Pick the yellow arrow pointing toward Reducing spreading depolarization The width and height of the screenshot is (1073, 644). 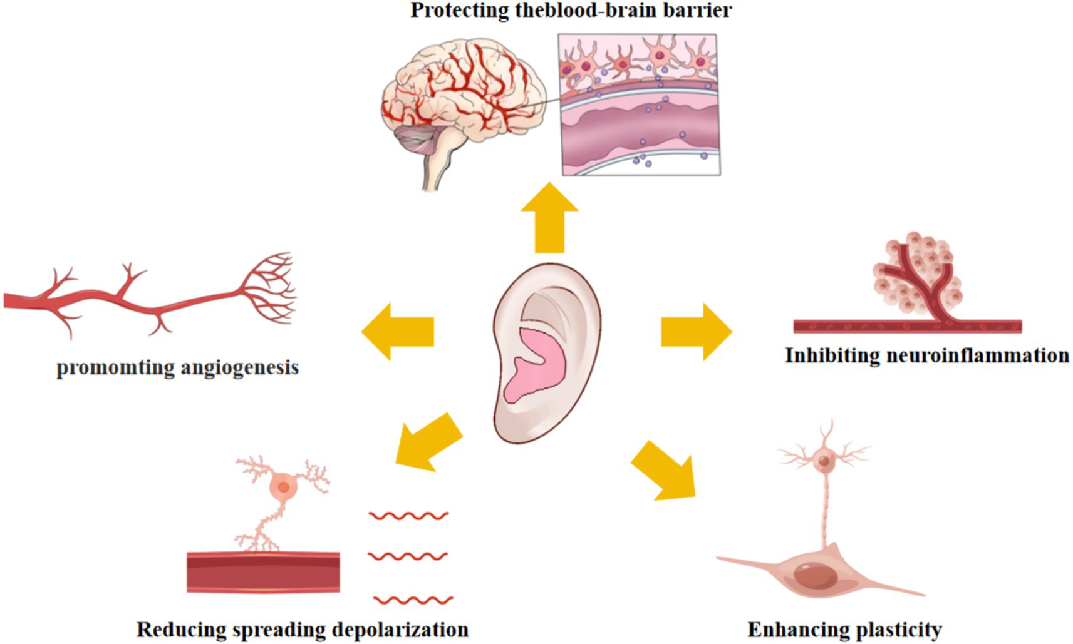[429, 441]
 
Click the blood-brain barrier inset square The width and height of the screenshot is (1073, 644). [640, 105]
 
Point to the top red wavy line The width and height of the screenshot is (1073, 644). [408, 516]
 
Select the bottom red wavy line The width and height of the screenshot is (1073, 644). [413, 600]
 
